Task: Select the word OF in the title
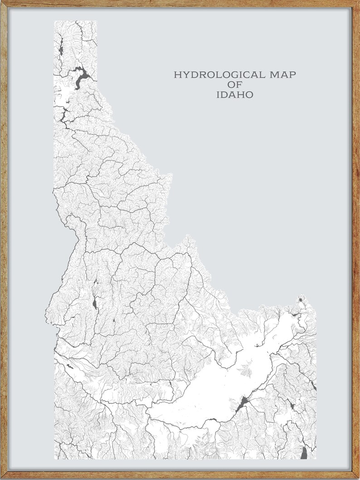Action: [x=235, y=85]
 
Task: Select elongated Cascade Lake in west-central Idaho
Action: [x=94, y=303]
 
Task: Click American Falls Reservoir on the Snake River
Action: [x=242, y=402]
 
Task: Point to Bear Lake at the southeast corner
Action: [x=304, y=452]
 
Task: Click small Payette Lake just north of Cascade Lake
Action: [x=95, y=284]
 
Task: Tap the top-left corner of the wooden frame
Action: [x=1, y=1]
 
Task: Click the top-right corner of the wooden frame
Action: [x=358, y=1]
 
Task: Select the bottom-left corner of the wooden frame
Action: [x=1, y=478]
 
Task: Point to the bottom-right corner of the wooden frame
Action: [x=358, y=478]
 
